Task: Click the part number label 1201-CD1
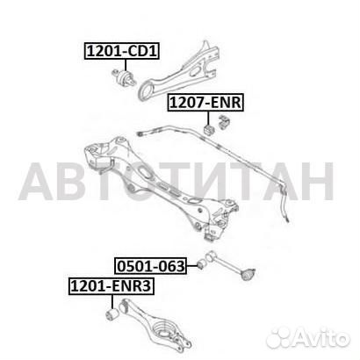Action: (122, 51)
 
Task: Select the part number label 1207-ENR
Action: (205, 103)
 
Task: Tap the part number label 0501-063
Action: (151, 266)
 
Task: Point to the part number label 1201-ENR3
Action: (112, 286)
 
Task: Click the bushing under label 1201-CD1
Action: (124, 76)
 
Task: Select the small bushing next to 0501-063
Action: (202, 264)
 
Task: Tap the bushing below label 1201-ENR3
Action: (112, 314)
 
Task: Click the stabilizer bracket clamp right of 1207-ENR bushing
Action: (224, 122)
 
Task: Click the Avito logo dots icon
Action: (279, 340)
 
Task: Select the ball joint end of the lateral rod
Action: (248, 274)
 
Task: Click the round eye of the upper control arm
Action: (146, 91)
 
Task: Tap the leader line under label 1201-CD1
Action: (126, 65)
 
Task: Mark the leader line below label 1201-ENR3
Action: (112, 301)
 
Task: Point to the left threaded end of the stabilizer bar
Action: (140, 133)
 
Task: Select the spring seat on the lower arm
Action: (164, 330)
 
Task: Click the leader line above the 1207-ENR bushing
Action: (208, 119)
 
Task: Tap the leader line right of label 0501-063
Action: (192, 265)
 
